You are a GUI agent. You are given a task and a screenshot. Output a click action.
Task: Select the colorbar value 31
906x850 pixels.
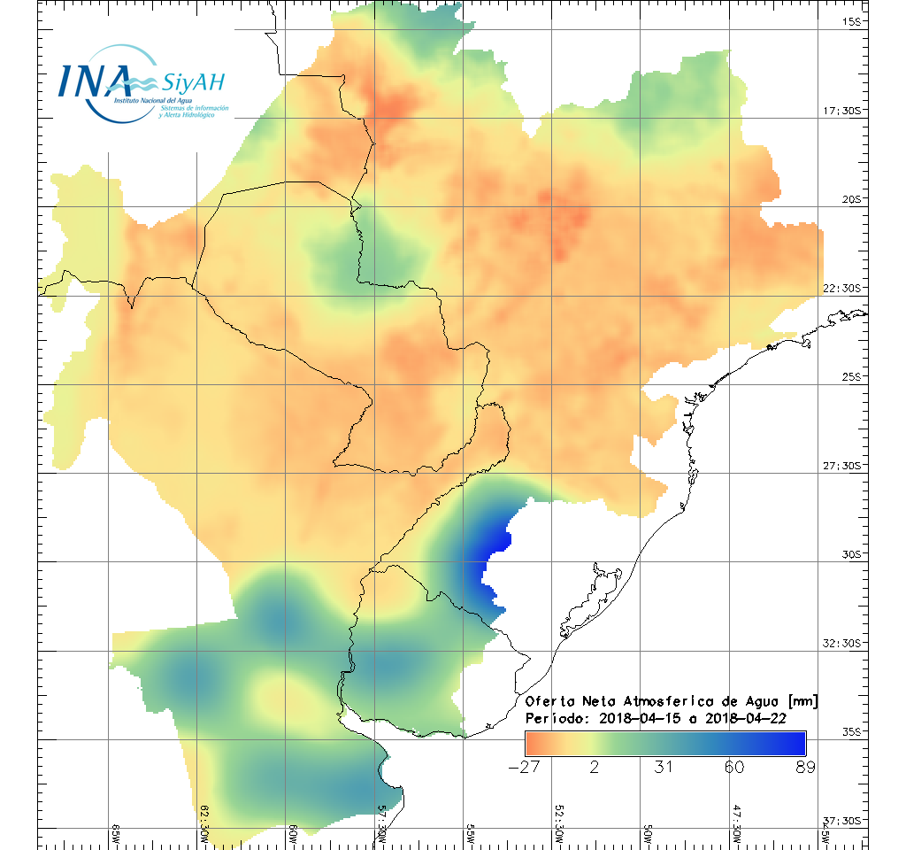664,767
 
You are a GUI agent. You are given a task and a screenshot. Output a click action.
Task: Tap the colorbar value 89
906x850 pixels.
804,767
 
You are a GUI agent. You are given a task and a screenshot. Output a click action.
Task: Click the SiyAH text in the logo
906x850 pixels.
193,83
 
